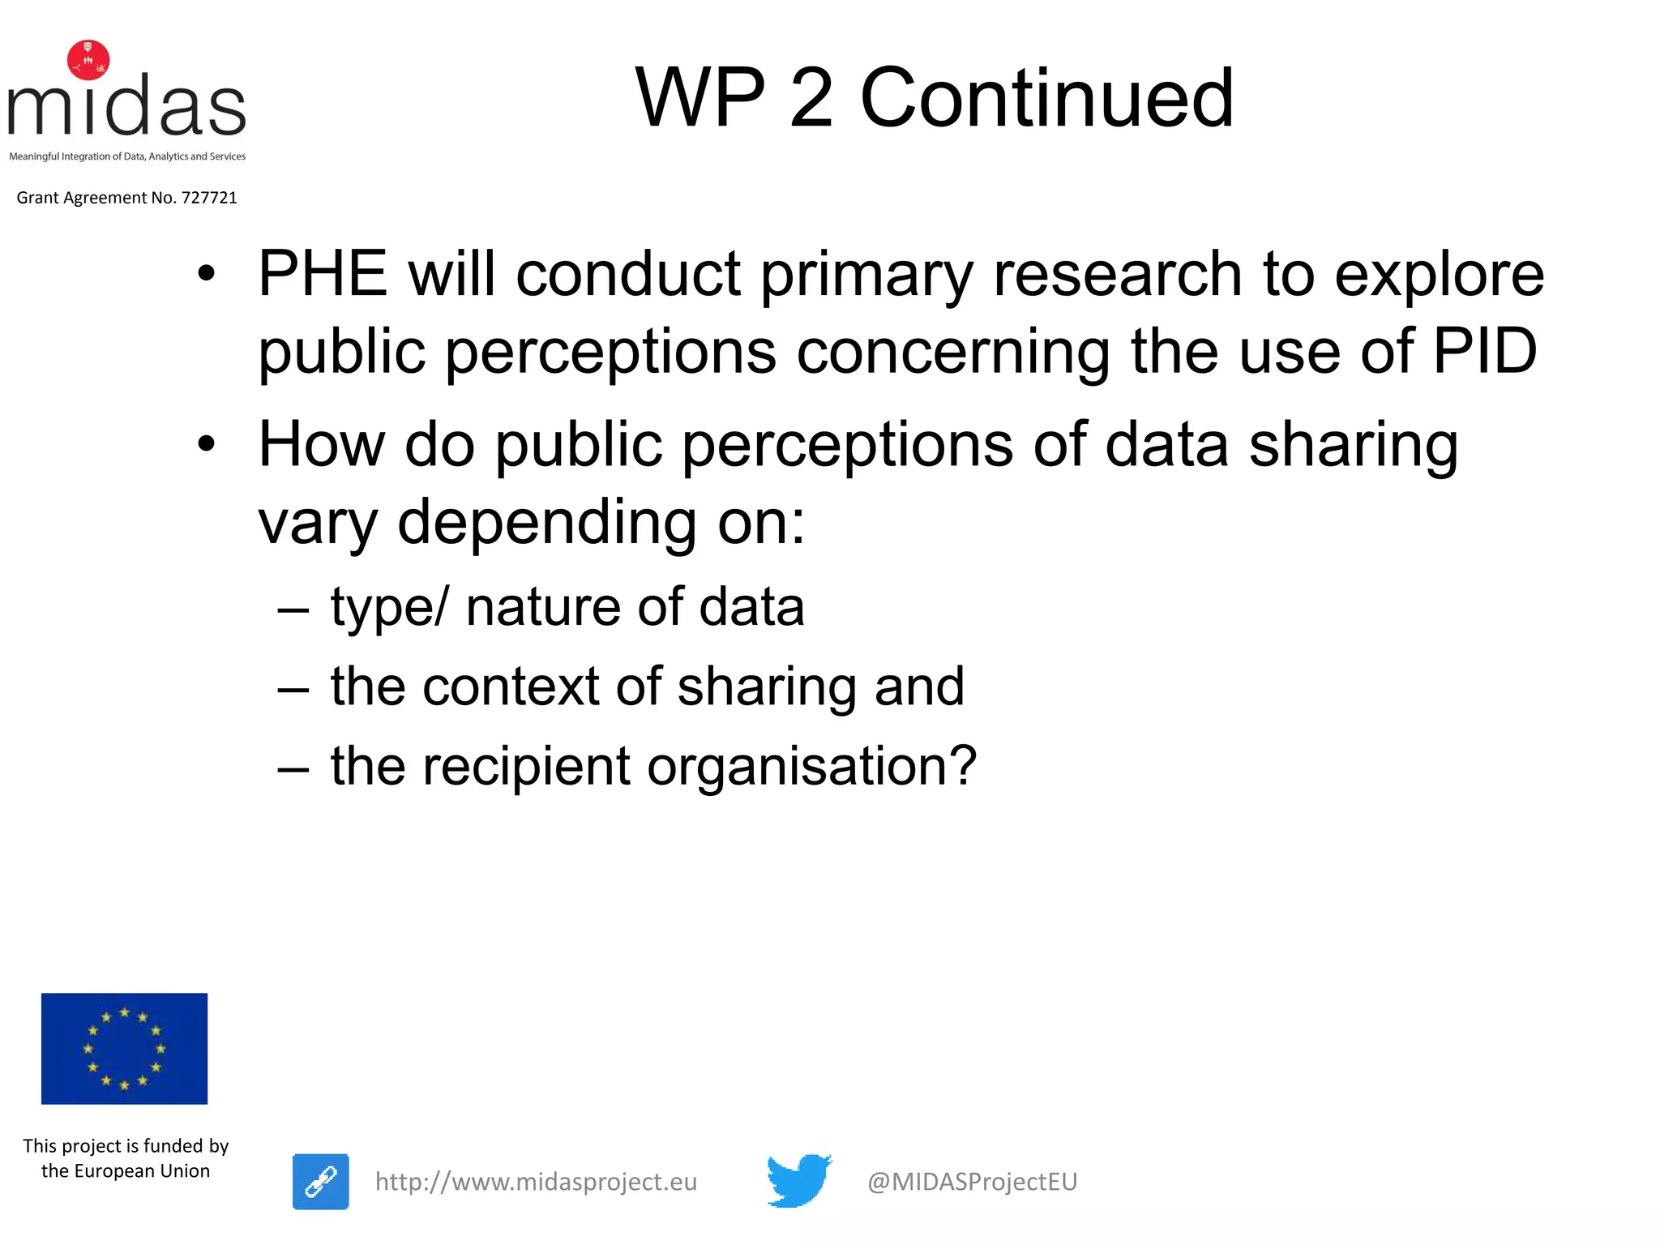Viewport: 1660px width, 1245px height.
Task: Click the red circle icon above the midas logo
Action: (x=88, y=60)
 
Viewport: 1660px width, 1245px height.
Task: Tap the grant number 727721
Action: (x=209, y=198)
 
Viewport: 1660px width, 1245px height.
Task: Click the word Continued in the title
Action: (x=1046, y=98)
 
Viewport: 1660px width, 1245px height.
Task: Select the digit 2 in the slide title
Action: (x=811, y=98)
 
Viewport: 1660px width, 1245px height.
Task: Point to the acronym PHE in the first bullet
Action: (x=323, y=274)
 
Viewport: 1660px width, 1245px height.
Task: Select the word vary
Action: (x=317, y=524)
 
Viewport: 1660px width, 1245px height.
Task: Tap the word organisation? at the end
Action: (x=812, y=767)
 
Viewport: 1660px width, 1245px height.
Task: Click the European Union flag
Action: (x=124, y=1048)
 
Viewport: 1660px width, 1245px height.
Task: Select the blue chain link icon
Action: (x=321, y=1181)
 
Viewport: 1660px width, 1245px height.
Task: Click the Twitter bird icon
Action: (x=798, y=1180)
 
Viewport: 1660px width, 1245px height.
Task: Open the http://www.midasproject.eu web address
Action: (x=536, y=1182)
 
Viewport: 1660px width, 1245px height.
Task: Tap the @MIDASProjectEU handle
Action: (x=972, y=1182)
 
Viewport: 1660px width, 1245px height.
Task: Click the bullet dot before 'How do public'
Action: (x=207, y=444)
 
